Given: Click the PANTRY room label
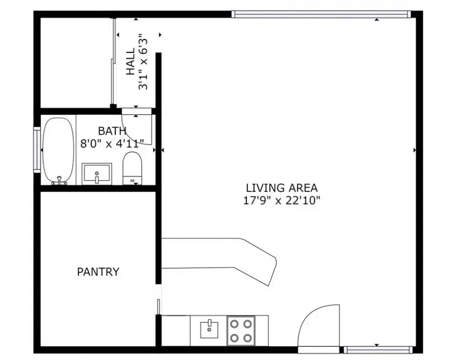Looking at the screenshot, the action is pyautogui.click(x=98, y=272).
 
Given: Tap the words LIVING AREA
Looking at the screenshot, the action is pyautogui.click(x=282, y=188).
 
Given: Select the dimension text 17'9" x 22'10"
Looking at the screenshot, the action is pyautogui.click(x=282, y=200).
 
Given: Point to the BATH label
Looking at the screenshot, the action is pyautogui.click(x=112, y=131).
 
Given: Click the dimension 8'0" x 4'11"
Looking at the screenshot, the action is pyautogui.click(x=112, y=143).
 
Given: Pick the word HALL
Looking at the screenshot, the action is pyautogui.click(x=131, y=61).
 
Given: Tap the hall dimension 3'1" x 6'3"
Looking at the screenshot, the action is pyautogui.click(x=143, y=62).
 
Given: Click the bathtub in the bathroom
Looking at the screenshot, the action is pyautogui.click(x=58, y=150).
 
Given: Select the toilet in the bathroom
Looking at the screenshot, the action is pyautogui.click(x=132, y=168).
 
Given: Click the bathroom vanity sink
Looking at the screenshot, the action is pyautogui.click(x=97, y=174).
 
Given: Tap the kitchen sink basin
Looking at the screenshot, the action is pyautogui.click(x=209, y=330).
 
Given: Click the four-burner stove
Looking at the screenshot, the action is pyautogui.click(x=241, y=330).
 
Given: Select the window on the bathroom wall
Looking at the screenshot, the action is pyautogui.click(x=37, y=150).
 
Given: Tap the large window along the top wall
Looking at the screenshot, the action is pyautogui.click(x=321, y=14).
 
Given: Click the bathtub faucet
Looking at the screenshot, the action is pyautogui.click(x=59, y=180).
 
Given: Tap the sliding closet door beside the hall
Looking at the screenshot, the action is pyautogui.click(x=113, y=62).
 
